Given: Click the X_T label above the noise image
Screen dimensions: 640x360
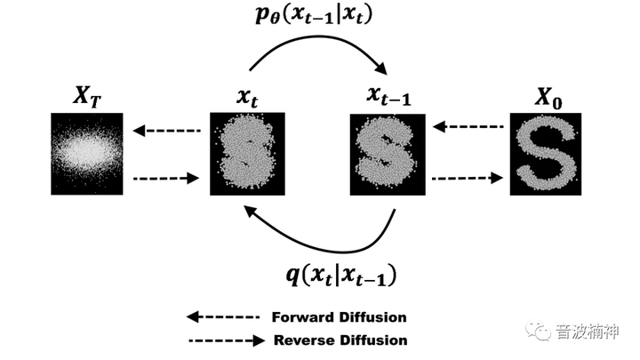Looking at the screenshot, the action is click(x=87, y=97).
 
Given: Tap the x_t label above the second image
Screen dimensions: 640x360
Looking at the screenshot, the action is click(x=247, y=98).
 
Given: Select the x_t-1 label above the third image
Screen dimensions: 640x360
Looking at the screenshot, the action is click(x=388, y=96).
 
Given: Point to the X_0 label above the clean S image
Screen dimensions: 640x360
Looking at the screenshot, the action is click(x=548, y=99).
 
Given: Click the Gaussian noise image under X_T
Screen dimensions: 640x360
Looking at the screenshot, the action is click(x=87, y=154).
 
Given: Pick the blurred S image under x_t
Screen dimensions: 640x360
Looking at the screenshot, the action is click(x=247, y=154).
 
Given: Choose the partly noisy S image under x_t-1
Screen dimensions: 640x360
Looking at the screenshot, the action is click(x=388, y=155).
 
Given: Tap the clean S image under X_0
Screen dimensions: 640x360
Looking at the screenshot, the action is click(x=546, y=155).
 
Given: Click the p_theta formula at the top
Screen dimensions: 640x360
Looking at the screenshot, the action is click(x=314, y=16).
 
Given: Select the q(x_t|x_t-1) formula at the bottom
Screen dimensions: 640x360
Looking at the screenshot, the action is click(x=341, y=275).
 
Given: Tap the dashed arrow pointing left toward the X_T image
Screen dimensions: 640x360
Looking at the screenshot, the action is click(x=167, y=131).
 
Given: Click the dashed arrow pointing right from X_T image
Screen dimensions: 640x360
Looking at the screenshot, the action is click(x=166, y=179).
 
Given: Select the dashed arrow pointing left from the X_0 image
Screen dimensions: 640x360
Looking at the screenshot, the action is click(x=468, y=127).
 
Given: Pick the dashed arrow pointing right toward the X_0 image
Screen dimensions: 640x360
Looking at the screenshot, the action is click(x=468, y=178).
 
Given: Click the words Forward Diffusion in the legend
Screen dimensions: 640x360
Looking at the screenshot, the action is click(x=340, y=317).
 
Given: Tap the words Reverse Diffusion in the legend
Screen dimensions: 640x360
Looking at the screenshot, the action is click(x=340, y=340).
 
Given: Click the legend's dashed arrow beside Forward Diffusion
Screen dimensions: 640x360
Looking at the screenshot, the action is click(x=223, y=317).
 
